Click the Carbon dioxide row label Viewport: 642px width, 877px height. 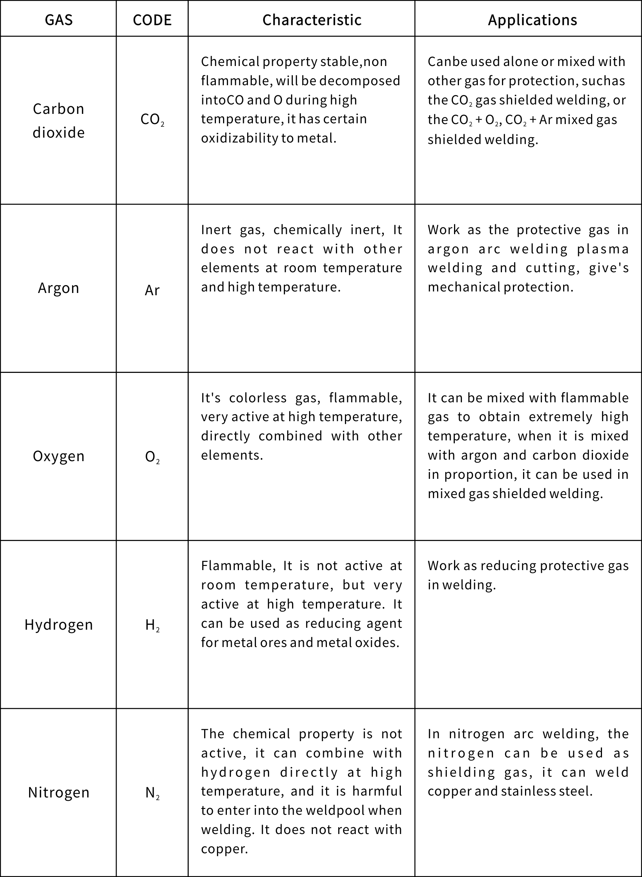pyautogui.click(x=59, y=120)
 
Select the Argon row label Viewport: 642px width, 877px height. pyautogui.click(x=59, y=288)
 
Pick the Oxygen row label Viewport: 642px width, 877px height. pyautogui.click(x=59, y=456)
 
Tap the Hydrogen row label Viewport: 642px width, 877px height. pyautogui.click(x=59, y=624)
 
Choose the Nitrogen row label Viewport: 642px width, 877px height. pyautogui.click(x=59, y=792)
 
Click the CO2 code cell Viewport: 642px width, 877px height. pyautogui.click(x=152, y=120)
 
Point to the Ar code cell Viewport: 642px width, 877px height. pyautogui.click(x=152, y=290)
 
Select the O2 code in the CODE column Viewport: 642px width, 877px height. pyautogui.click(x=152, y=457)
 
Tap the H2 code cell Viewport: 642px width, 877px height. pyautogui.click(x=152, y=626)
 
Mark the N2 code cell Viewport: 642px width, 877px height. pyautogui.click(x=152, y=793)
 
